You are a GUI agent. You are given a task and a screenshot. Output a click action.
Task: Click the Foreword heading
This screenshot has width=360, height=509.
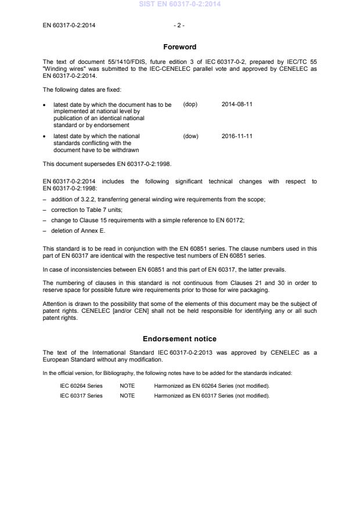tap(179, 47)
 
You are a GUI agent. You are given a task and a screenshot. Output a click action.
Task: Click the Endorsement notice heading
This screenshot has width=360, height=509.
tap(179, 338)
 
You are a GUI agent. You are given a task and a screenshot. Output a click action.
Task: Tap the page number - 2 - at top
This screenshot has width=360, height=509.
tap(179, 26)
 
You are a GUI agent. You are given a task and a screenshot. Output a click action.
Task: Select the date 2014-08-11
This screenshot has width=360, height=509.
tap(237, 104)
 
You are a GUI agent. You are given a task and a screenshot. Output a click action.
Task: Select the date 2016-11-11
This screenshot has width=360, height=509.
tap(237, 136)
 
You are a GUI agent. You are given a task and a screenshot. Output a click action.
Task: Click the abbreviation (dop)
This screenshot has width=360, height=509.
tap(190, 104)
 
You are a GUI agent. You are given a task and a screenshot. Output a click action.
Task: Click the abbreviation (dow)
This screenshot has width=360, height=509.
tap(190, 136)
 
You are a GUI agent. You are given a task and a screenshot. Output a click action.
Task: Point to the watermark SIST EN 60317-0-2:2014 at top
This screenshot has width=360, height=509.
tap(179, 5)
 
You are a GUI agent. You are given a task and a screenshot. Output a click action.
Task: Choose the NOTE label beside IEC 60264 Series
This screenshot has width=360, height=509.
tap(127, 385)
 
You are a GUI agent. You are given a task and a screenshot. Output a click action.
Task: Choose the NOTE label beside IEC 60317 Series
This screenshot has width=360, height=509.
tap(127, 396)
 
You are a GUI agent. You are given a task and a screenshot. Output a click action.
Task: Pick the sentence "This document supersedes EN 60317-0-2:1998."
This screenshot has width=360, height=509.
tap(99, 164)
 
